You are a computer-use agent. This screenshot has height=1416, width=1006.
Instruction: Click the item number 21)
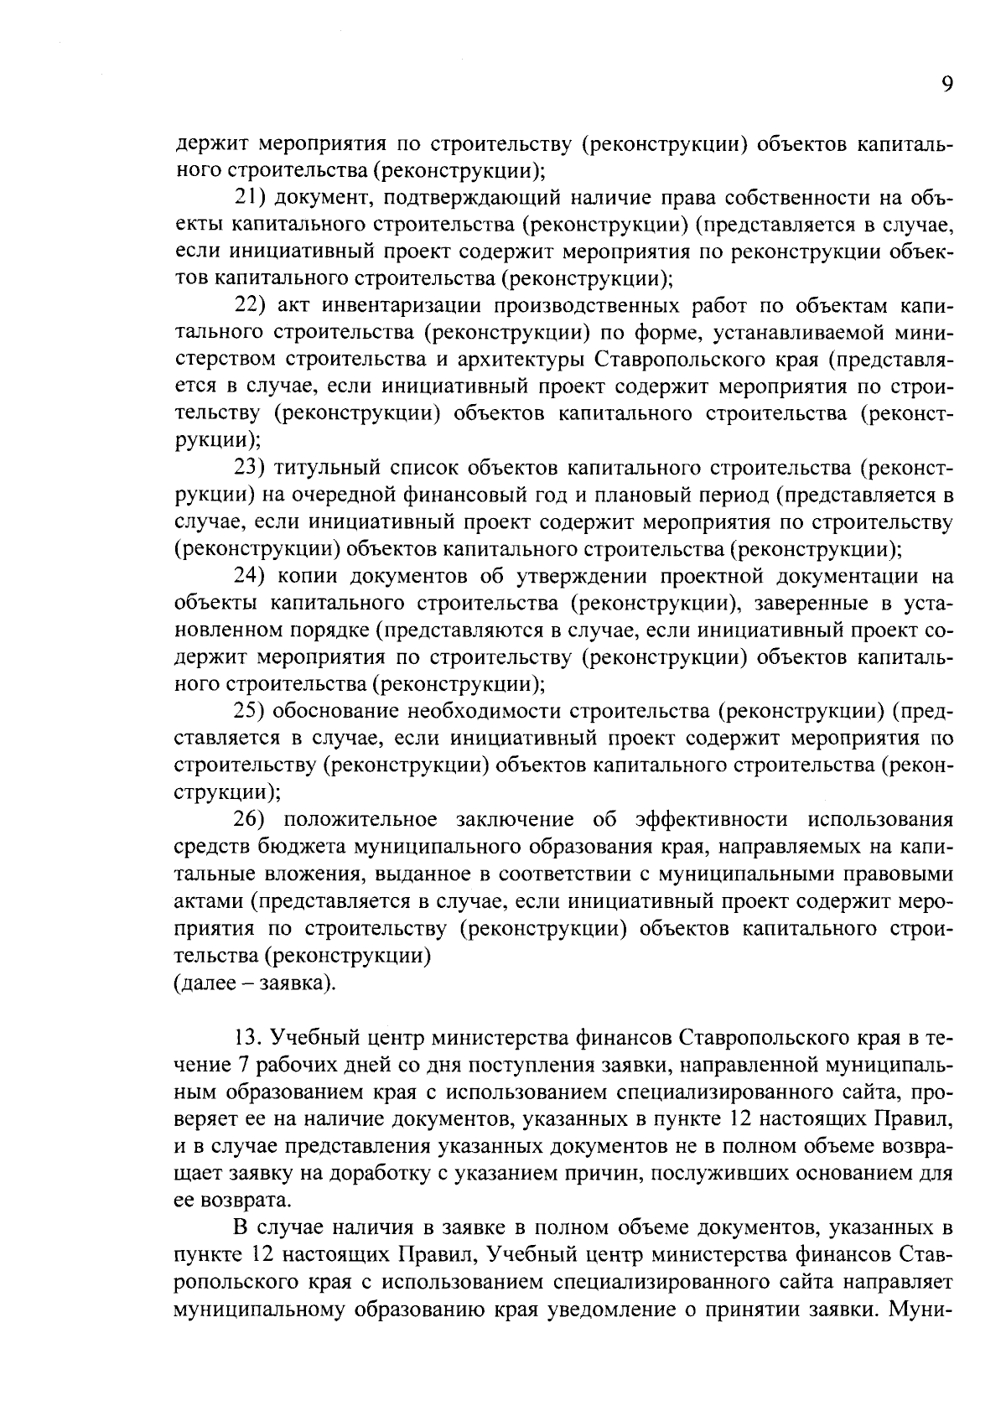[248, 198]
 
